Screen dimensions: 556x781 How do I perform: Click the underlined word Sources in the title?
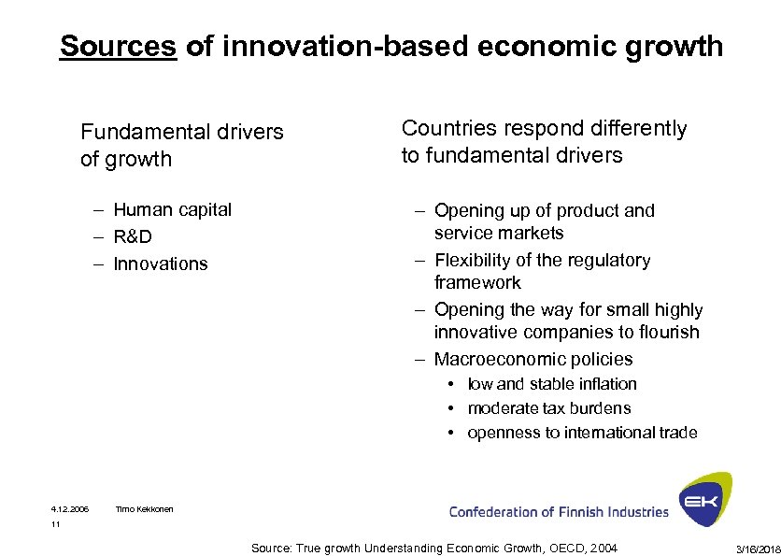click(118, 46)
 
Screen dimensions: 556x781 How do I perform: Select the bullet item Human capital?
click(172, 209)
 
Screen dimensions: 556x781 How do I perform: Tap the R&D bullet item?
click(133, 236)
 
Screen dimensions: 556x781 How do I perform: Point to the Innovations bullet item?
click(161, 264)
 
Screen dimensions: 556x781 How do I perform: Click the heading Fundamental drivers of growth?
click(181, 145)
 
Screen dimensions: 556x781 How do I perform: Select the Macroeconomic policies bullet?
click(532, 359)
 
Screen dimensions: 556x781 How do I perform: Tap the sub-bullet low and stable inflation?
click(552, 384)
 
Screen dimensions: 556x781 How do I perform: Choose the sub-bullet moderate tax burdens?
click(548, 408)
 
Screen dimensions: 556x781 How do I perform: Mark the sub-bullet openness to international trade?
click(582, 433)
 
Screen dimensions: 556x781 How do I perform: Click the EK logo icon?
click(704, 499)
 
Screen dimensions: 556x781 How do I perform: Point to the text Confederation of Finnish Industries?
click(559, 512)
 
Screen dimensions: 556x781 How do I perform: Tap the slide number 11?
click(56, 525)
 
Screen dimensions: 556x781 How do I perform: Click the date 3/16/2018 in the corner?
click(757, 547)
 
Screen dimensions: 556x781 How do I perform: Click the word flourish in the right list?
click(666, 332)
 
